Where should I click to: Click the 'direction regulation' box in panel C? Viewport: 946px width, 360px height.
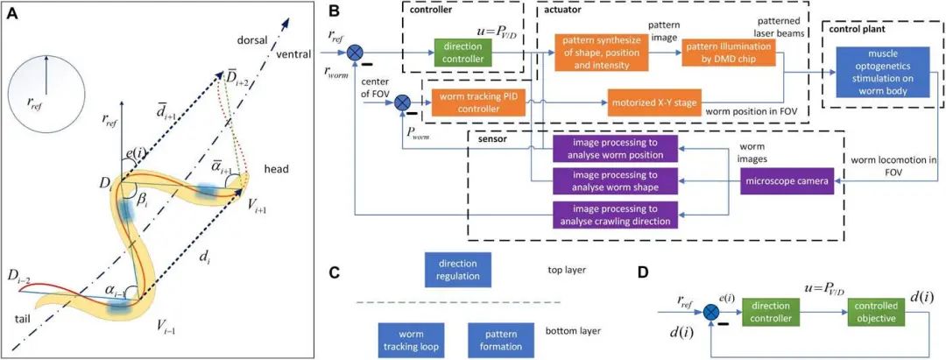coord(457,270)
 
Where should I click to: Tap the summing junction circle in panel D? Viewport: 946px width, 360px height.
coord(710,311)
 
